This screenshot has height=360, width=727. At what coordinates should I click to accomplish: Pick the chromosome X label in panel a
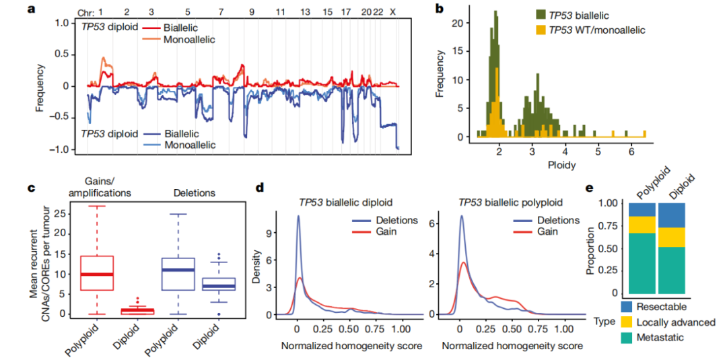[392, 11]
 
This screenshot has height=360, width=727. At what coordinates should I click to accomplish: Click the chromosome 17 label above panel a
[345, 11]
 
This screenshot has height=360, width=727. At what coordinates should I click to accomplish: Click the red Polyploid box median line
[98, 275]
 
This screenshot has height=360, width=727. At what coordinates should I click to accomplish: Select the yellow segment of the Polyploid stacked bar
[642, 225]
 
